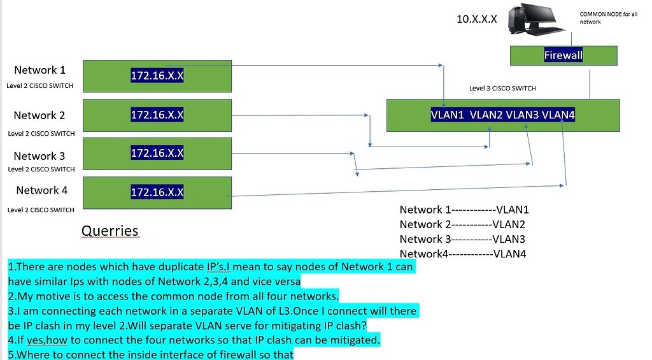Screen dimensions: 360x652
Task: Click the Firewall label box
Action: (563, 55)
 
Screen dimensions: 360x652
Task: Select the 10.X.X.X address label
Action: (477, 19)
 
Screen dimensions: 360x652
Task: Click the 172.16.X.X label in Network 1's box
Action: (157, 76)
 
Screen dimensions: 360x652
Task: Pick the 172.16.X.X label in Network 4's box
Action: (157, 192)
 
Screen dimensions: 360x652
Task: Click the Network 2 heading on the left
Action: (39, 115)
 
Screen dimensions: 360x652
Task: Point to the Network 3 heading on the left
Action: (39, 156)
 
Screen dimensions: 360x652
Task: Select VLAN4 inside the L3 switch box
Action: (558, 115)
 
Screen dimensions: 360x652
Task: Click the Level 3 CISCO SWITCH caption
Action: (502, 89)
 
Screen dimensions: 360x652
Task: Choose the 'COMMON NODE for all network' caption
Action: (608, 17)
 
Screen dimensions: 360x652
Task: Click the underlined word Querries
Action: (110, 231)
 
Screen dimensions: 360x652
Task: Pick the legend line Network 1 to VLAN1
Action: (464, 210)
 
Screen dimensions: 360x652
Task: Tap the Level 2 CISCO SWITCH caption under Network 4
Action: (41, 210)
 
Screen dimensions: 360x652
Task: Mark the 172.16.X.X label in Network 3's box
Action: (157, 153)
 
